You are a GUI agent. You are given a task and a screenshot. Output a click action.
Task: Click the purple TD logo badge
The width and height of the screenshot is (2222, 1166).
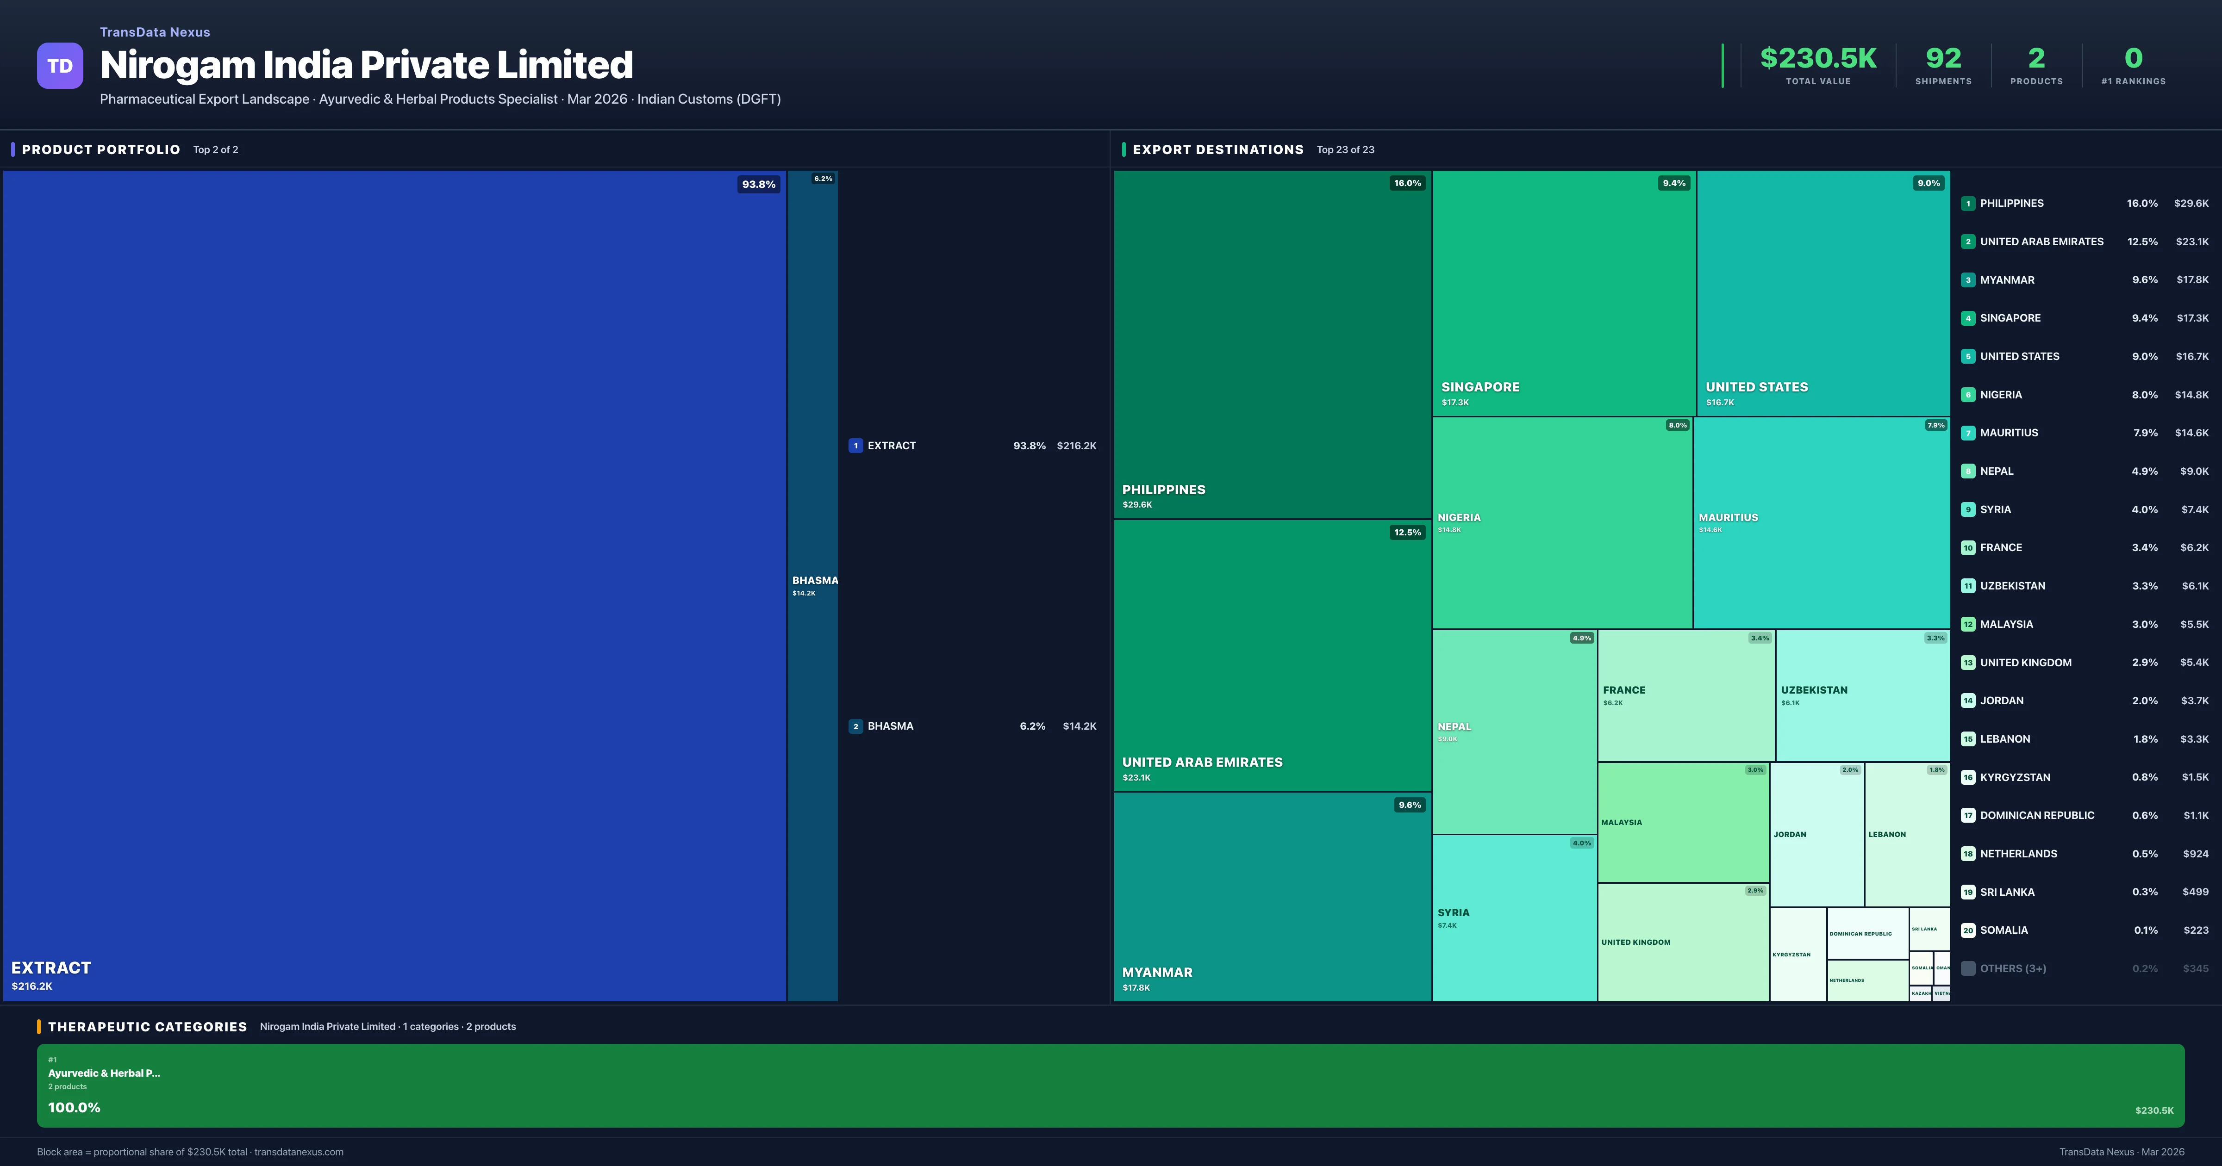tap(60, 66)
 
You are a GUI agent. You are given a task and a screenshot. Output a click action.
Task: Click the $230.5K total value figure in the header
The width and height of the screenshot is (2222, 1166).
tap(1817, 59)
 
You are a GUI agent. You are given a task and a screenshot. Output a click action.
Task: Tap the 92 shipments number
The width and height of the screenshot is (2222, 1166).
tap(1942, 59)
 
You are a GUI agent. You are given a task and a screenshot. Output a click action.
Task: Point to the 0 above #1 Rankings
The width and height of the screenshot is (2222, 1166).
tap(2133, 59)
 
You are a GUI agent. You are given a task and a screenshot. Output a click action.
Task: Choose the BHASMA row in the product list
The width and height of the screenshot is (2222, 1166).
tap(972, 726)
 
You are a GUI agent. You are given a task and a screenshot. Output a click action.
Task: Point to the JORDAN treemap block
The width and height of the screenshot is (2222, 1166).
tap(1816, 834)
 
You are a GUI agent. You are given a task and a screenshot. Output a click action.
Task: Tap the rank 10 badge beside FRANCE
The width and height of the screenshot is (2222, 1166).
tap(1967, 548)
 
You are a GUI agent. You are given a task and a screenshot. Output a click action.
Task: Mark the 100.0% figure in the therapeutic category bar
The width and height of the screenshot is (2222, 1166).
tap(74, 1107)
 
